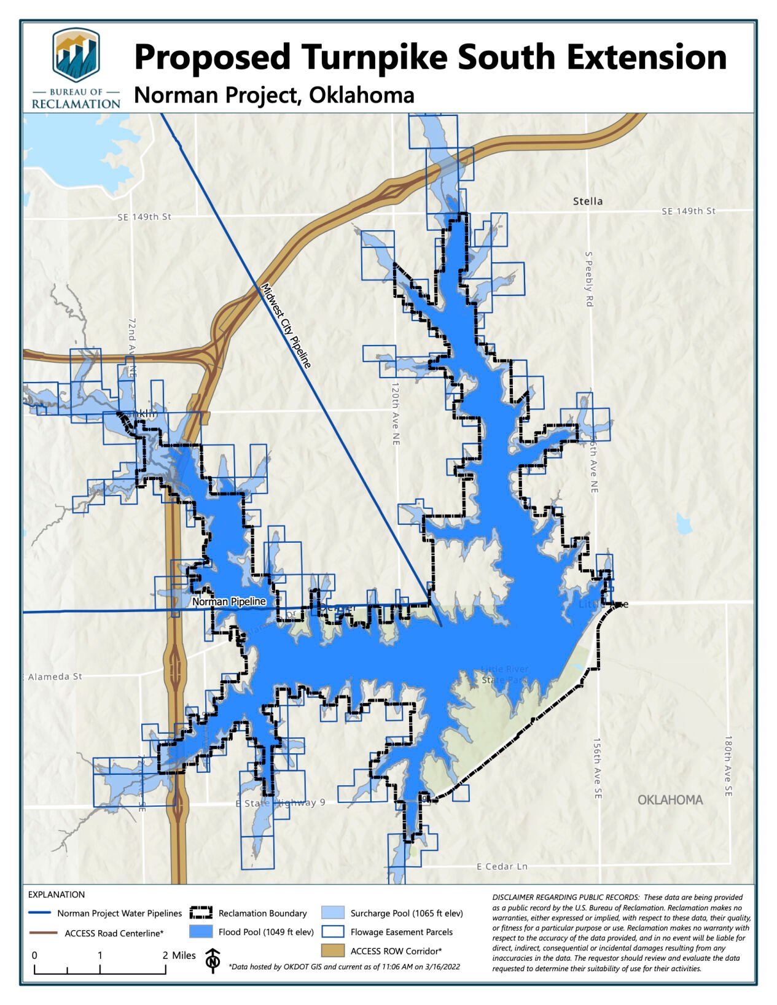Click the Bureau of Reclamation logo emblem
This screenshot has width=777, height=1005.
(76, 56)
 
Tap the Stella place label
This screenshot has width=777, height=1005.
(587, 201)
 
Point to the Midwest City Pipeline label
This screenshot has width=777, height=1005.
(286, 325)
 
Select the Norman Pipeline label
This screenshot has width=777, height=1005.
(228, 602)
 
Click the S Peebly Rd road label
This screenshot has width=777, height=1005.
(589, 279)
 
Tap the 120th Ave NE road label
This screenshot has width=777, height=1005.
(396, 414)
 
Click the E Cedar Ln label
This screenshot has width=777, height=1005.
(502, 866)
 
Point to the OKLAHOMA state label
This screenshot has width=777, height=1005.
(670, 800)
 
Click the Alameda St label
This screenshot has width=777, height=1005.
(54, 677)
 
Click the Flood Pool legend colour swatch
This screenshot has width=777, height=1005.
(201, 932)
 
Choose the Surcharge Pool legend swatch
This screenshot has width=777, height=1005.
(332, 913)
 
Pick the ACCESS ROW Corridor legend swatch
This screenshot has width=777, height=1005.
(332, 951)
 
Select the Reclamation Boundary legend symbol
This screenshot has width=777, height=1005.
(201, 913)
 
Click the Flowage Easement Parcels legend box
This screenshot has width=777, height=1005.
(332, 932)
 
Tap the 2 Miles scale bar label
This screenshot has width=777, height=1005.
(179, 955)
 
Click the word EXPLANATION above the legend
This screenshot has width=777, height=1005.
(57, 894)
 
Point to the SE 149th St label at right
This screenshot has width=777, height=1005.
(688, 211)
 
